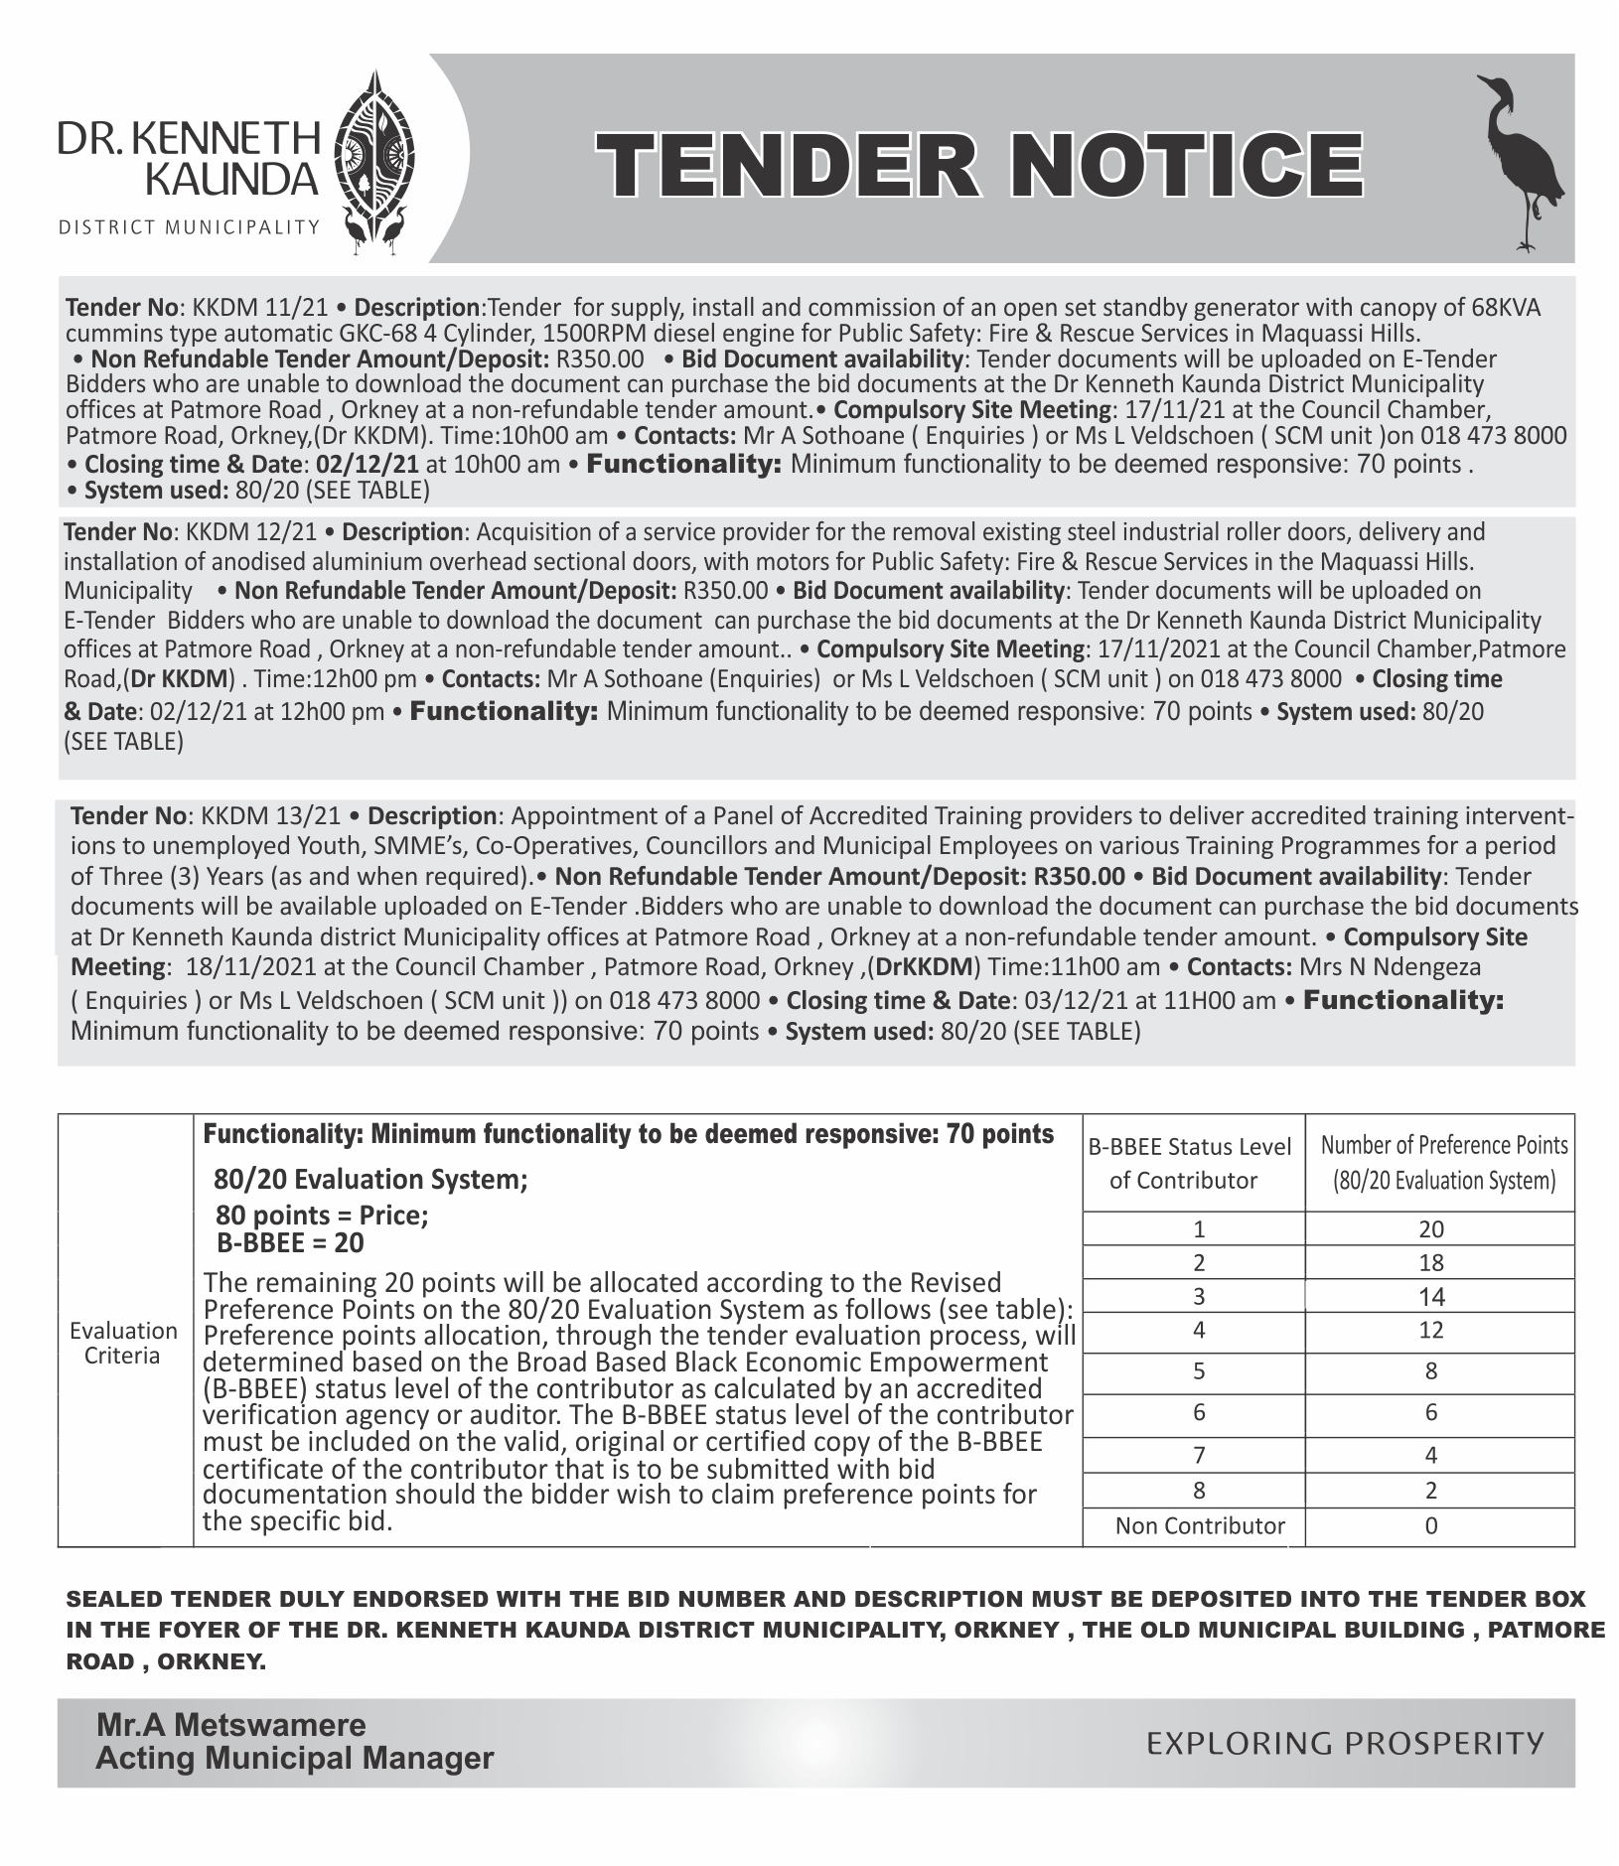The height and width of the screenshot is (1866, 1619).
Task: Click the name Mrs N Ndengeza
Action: tap(1403, 967)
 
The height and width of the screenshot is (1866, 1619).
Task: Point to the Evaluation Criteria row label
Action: tap(123, 1343)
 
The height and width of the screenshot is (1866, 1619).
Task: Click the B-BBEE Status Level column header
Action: tap(1191, 1162)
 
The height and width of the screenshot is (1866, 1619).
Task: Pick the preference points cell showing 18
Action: tap(1430, 1262)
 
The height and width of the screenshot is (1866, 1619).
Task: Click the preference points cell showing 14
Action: tap(1430, 1296)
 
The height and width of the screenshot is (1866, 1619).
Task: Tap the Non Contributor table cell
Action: tap(1199, 1525)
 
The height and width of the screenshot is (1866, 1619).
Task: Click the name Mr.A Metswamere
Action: tap(230, 1724)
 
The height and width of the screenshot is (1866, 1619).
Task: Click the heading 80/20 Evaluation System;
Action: tap(370, 1179)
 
